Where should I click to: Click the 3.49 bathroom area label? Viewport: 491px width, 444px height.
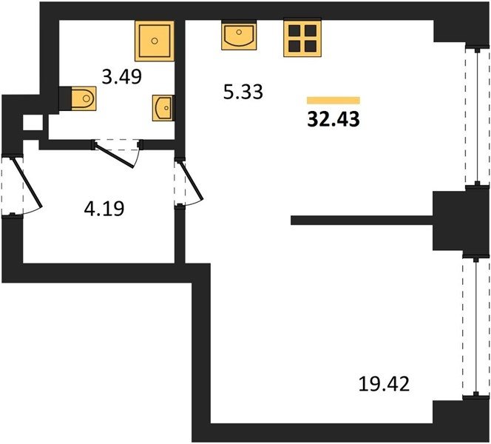[122, 77]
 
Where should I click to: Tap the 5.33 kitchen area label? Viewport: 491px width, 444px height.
[243, 92]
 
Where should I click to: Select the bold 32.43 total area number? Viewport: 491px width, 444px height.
[333, 119]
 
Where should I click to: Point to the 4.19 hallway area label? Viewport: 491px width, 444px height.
[104, 209]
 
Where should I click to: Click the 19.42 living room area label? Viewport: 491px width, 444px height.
[384, 384]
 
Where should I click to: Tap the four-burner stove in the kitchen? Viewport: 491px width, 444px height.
[302, 38]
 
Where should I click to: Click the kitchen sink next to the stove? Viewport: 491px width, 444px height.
[239, 35]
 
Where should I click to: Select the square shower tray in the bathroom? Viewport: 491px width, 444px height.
[155, 41]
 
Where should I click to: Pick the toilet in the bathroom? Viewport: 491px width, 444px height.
[84, 98]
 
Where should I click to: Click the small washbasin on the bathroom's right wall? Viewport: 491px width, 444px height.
[163, 108]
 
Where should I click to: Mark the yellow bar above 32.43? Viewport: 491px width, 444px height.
[333, 100]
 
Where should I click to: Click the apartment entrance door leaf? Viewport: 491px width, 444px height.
[27, 183]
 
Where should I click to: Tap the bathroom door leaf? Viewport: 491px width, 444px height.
[115, 155]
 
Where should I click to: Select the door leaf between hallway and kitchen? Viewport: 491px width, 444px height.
[191, 180]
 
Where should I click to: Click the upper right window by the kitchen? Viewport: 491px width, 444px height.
[477, 117]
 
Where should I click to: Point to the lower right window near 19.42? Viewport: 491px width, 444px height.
[476, 328]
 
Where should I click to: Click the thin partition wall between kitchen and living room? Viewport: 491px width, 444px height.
[362, 221]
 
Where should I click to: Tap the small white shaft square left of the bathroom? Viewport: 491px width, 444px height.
[33, 123]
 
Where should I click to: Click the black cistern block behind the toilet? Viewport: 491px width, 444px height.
[65, 98]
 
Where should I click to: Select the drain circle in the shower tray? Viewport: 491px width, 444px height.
[155, 41]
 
